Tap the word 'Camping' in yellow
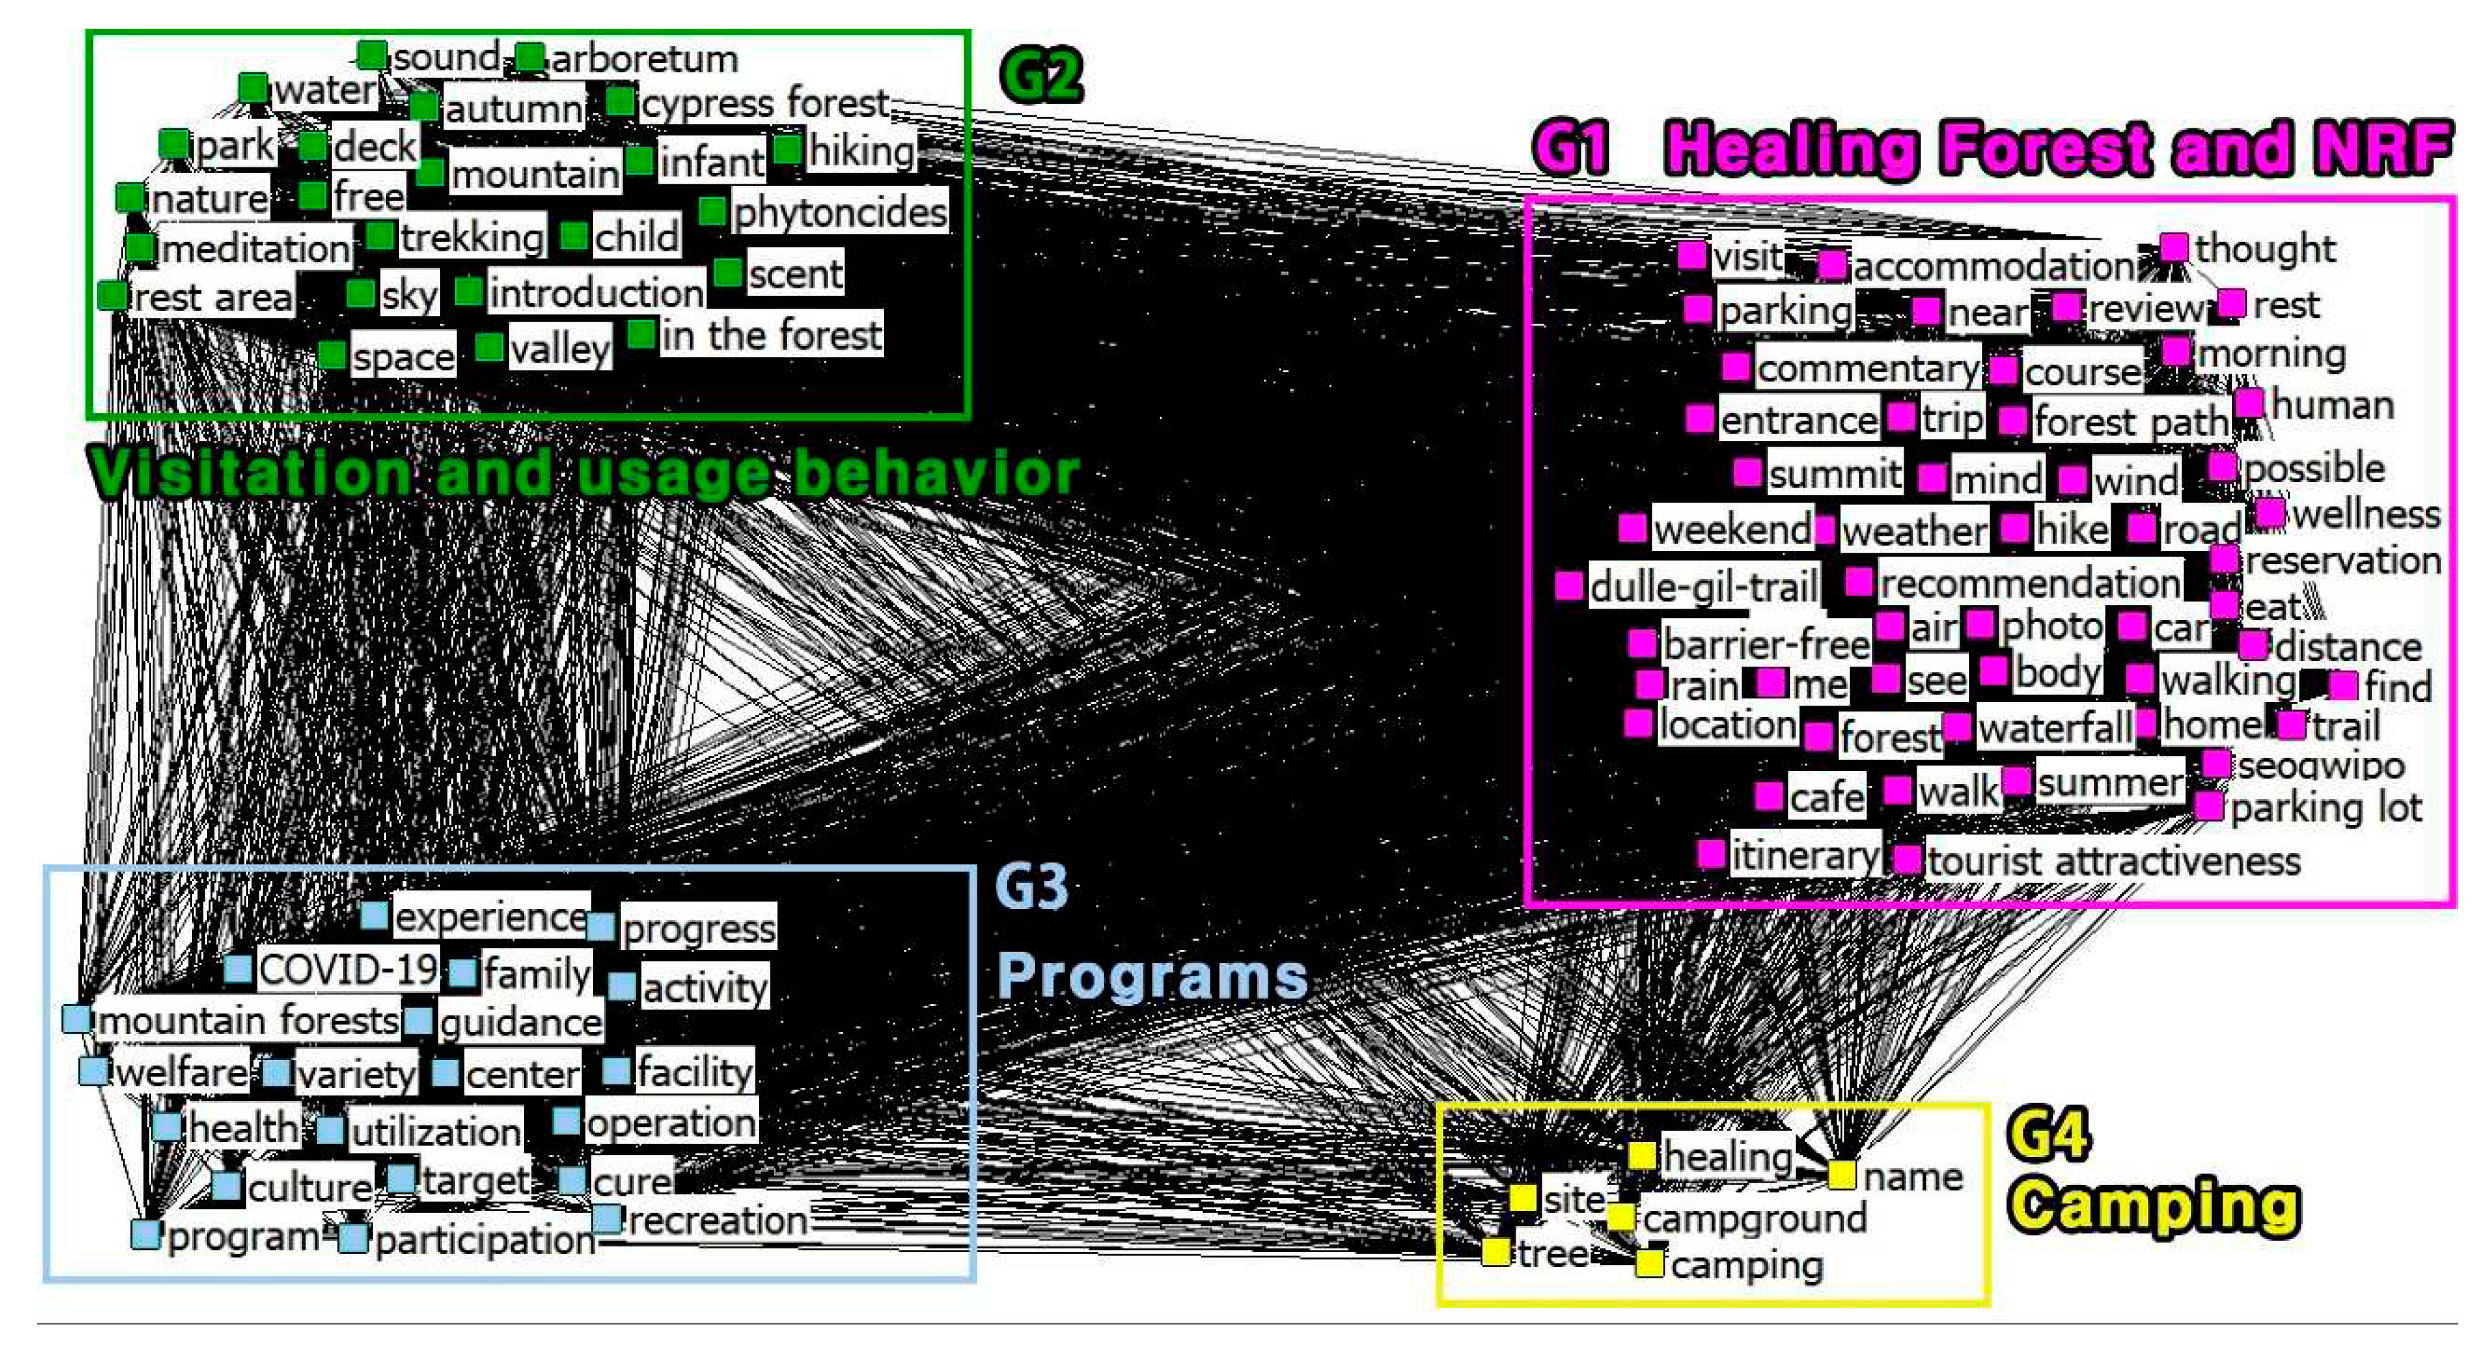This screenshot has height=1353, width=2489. pyautogui.click(x=2154, y=1206)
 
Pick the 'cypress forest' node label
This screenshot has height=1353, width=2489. pyautogui.click(x=764, y=103)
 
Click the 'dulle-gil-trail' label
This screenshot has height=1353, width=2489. pyautogui.click(x=1704, y=587)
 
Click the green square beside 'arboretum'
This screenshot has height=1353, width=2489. pyautogui.click(x=529, y=58)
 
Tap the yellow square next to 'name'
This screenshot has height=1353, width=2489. pyautogui.click(x=1841, y=1175)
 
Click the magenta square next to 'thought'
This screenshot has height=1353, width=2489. pyautogui.click(x=2174, y=247)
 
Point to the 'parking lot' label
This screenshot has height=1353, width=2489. pyautogui.click(x=2326, y=808)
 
